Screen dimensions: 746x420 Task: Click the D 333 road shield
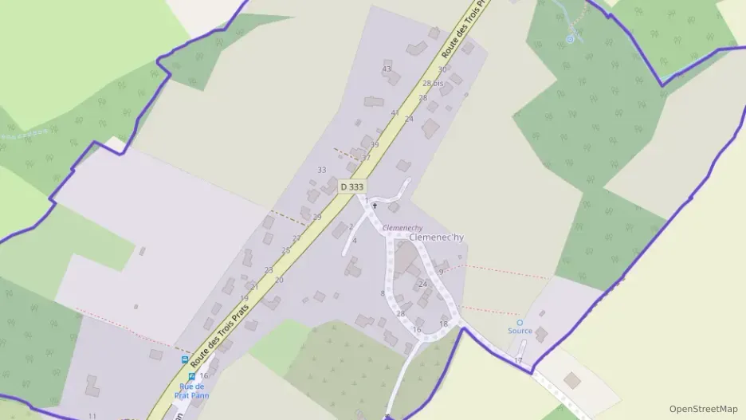point(351,186)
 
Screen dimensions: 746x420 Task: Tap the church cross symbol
point(375,206)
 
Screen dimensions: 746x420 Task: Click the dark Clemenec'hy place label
point(436,237)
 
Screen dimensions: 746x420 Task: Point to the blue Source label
point(520,331)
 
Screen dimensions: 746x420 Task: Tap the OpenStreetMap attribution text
point(704,409)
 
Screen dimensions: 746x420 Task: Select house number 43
point(387,69)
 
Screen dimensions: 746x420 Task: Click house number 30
point(442,70)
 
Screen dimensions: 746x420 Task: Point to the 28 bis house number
point(433,83)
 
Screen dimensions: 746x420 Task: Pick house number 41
point(395,113)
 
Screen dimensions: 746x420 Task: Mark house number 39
point(375,145)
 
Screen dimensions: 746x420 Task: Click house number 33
point(322,170)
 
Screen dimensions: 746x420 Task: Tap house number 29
point(317,217)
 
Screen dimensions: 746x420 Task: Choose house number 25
point(286,250)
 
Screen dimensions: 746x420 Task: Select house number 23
point(269,270)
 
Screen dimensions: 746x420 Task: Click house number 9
point(441,272)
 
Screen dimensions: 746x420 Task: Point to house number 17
point(518,361)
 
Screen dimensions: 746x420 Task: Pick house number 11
point(92,416)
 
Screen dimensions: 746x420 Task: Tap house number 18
point(444,324)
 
